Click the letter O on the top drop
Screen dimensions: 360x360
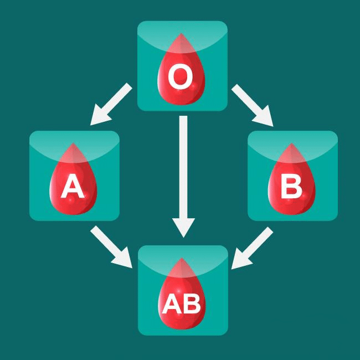(181, 76)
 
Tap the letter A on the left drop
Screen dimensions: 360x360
(73, 186)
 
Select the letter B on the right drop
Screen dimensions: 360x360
(291, 186)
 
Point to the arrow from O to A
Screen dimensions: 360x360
(111, 104)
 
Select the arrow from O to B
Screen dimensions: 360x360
(253, 105)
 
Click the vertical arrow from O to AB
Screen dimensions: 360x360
(183, 177)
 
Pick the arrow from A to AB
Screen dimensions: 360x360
(111, 247)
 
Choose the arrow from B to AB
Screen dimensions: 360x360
(252, 248)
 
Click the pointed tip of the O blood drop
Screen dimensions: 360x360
(181, 33)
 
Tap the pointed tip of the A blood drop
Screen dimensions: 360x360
(73, 143)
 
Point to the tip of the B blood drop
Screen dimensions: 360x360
(291, 143)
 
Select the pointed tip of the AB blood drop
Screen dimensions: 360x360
(182, 258)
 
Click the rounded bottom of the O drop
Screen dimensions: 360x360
(181, 104)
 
